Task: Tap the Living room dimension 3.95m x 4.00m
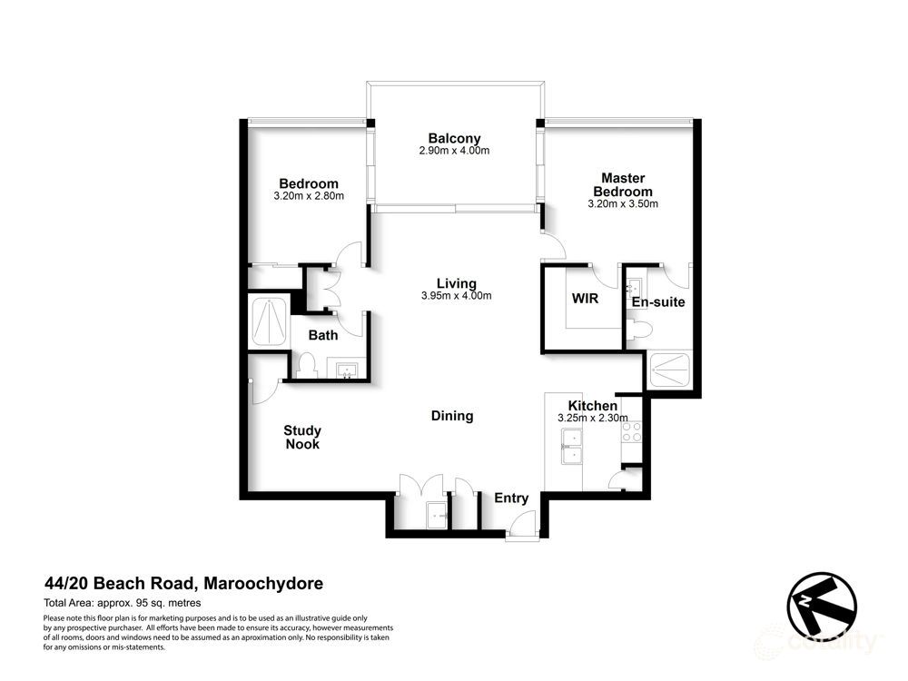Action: (456, 296)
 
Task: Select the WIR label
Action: (584, 299)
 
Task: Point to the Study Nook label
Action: (302, 437)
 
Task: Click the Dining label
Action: (452, 416)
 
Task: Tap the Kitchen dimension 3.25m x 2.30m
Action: (592, 419)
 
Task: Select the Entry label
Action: (511, 498)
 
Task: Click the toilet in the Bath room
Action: (305, 367)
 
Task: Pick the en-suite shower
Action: (673, 371)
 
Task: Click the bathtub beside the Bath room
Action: (268, 322)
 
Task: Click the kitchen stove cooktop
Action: (630, 432)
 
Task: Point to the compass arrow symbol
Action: (822, 604)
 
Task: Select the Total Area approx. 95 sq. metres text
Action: (122, 603)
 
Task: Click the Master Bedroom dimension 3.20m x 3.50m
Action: (622, 204)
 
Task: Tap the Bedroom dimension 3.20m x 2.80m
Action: (309, 196)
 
